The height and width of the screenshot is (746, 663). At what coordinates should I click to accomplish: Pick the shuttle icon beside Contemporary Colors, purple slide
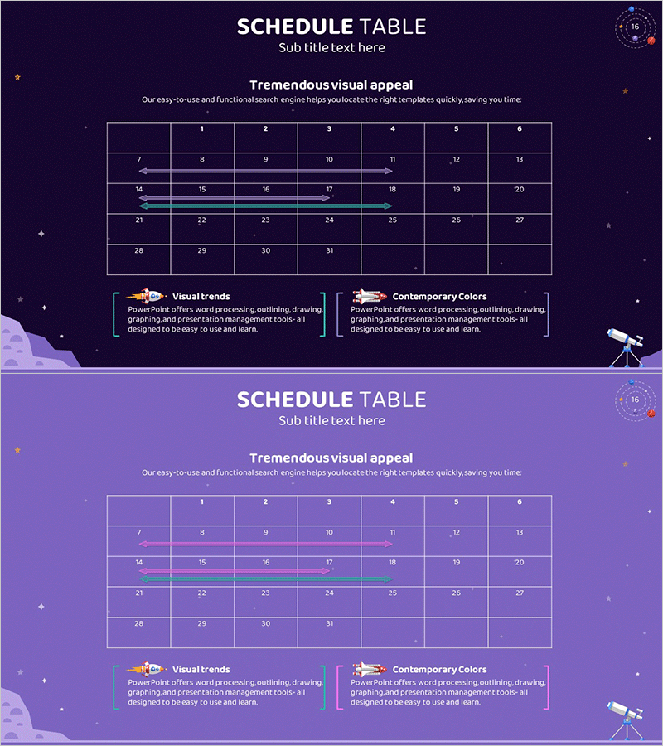[x=370, y=669]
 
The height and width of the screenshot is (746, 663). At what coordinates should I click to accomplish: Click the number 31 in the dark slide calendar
[x=329, y=250]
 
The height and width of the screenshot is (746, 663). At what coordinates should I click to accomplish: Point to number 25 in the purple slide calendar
[x=393, y=593]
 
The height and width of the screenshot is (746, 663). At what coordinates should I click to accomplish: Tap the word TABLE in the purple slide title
[x=392, y=400]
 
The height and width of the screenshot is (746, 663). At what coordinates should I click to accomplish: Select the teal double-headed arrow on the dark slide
[x=265, y=206]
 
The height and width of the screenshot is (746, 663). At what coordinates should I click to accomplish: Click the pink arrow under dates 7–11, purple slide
[x=265, y=544]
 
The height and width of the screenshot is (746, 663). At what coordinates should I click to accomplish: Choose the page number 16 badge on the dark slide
[x=636, y=27]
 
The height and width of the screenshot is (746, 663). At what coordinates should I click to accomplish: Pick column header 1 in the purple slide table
[x=202, y=501]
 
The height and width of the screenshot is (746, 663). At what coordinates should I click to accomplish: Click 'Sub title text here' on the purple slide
[x=331, y=420]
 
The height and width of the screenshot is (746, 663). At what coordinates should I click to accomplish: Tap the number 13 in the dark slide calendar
[x=520, y=159]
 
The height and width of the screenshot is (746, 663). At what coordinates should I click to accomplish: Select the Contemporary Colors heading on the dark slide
[x=439, y=296]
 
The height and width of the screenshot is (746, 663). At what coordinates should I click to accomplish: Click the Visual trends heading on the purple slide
[x=201, y=669]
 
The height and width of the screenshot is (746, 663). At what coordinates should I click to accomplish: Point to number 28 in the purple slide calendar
[x=138, y=623]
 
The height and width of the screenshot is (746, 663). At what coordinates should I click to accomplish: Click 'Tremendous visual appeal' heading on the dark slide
[x=331, y=85]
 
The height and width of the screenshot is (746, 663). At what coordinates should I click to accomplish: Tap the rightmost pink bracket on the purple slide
[x=547, y=686]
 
